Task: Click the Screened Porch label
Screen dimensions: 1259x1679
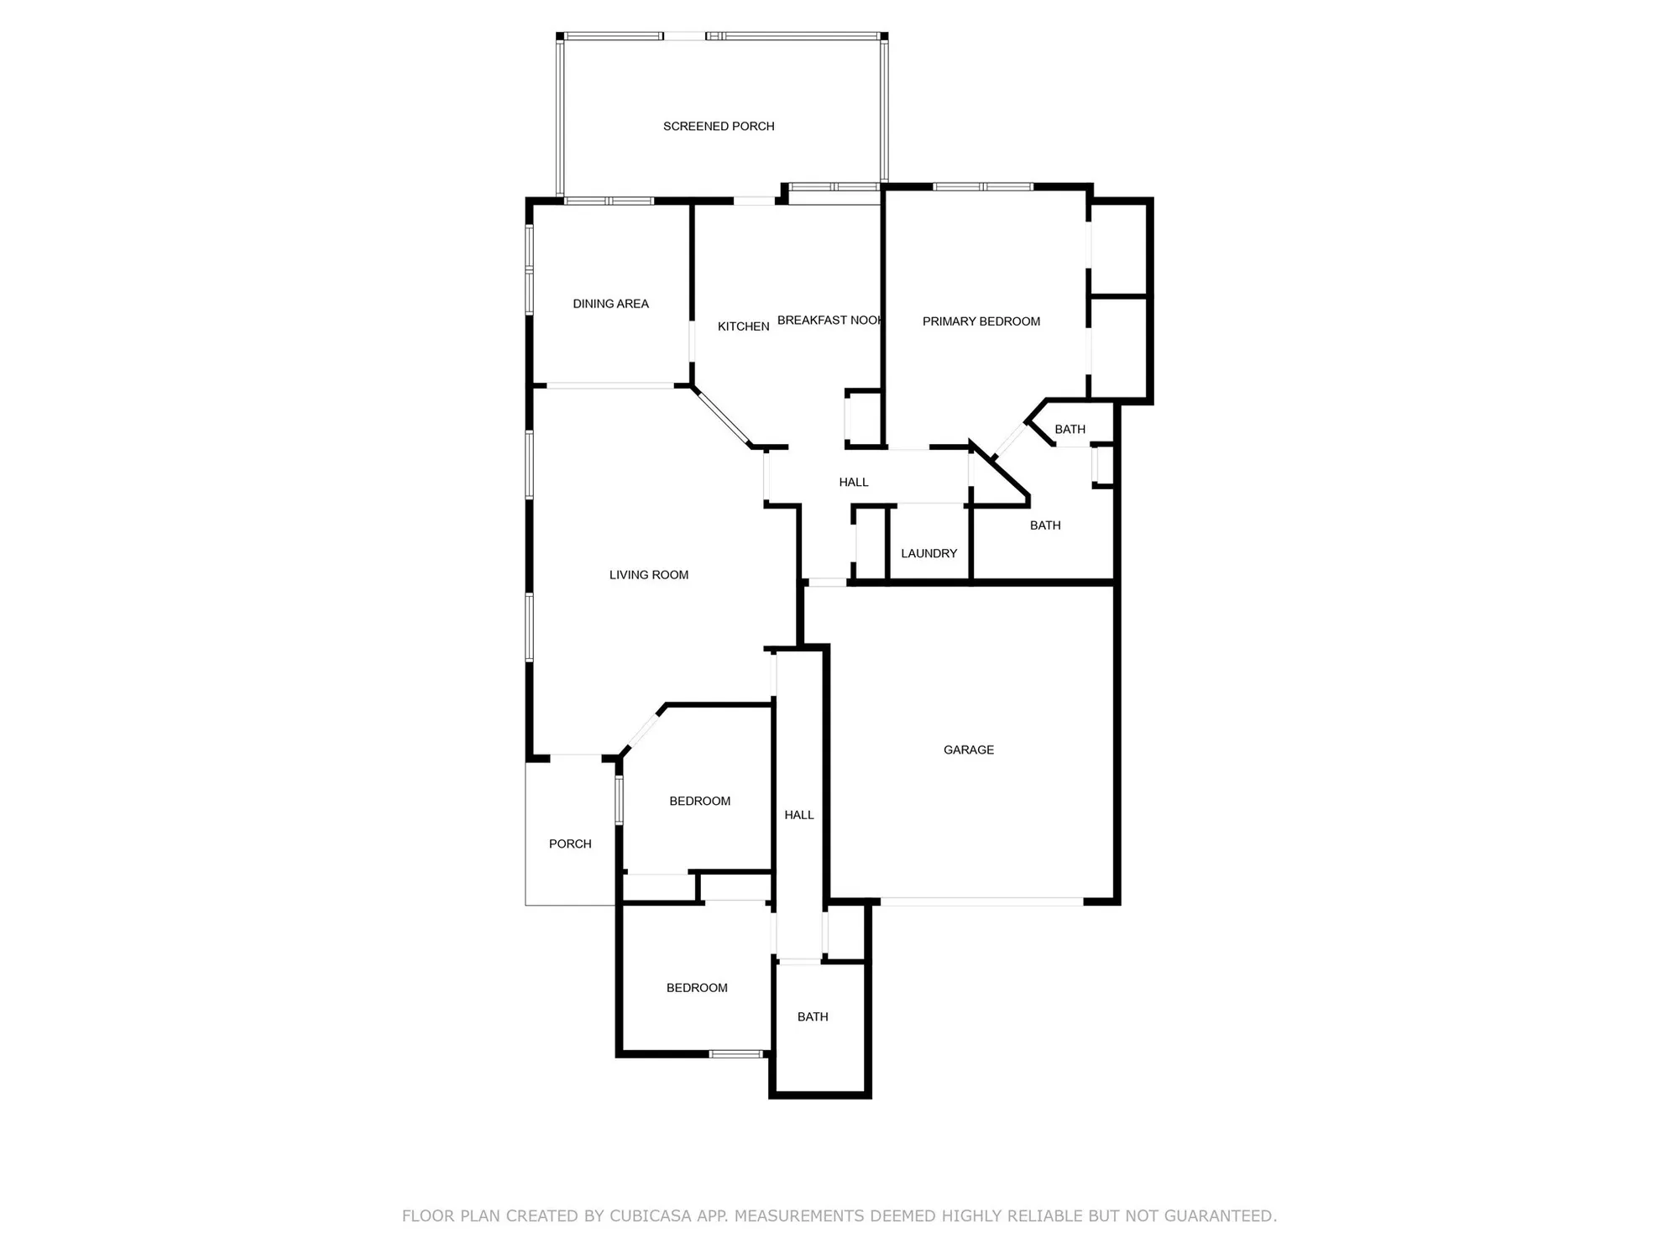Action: tap(719, 127)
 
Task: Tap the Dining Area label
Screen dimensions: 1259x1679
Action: tap(610, 304)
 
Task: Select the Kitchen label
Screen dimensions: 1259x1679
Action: tap(743, 327)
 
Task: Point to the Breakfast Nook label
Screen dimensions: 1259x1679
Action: tap(829, 321)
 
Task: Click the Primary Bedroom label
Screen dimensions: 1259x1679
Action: tap(981, 321)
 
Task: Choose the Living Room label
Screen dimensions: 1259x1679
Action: tap(648, 575)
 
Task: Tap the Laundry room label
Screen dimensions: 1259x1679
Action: tap(928, 554)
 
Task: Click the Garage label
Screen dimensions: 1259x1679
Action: tap(968, 750)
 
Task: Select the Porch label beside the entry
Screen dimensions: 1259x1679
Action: tap(570, 844)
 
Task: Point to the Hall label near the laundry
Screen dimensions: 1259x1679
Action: tap(853, 483)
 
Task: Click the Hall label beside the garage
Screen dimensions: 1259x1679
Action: tap(798, 815)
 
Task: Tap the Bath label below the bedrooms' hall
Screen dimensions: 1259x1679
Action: tap(812, 1017)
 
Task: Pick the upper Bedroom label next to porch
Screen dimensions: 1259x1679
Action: tap(699, 802)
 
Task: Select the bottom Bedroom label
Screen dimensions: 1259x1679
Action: tap(697, 988)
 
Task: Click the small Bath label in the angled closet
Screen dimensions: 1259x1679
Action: tap(1070, 430)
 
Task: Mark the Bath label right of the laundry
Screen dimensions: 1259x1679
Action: tap(1044, 525)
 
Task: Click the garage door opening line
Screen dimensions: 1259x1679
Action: tap(981, 902)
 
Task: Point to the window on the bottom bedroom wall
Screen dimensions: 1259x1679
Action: tap(735, 1054)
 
